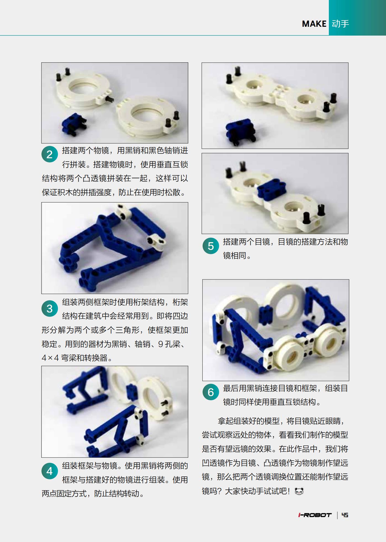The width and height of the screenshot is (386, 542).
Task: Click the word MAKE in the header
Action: coord(314,24)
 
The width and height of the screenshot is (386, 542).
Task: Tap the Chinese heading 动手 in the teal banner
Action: coord(340,24)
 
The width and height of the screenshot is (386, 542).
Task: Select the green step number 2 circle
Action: coord(50,154)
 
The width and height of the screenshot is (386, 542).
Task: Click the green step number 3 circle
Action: coord(50,308)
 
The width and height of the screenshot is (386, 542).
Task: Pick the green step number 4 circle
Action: coord(50,471)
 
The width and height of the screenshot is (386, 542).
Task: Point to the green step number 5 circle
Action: coord(211,246)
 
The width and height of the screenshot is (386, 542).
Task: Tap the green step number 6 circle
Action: coord(211,392)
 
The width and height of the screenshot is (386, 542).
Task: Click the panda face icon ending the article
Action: coord(299,491)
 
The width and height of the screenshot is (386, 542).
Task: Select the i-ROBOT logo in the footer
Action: coord(315,515)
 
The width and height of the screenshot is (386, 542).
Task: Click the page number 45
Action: coord(345,515)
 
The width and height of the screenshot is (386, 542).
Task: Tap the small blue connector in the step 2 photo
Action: coord(73,124)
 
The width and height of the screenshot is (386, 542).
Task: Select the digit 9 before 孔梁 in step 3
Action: coord(161,344)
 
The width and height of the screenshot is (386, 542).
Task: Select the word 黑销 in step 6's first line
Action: coord(254,388)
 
